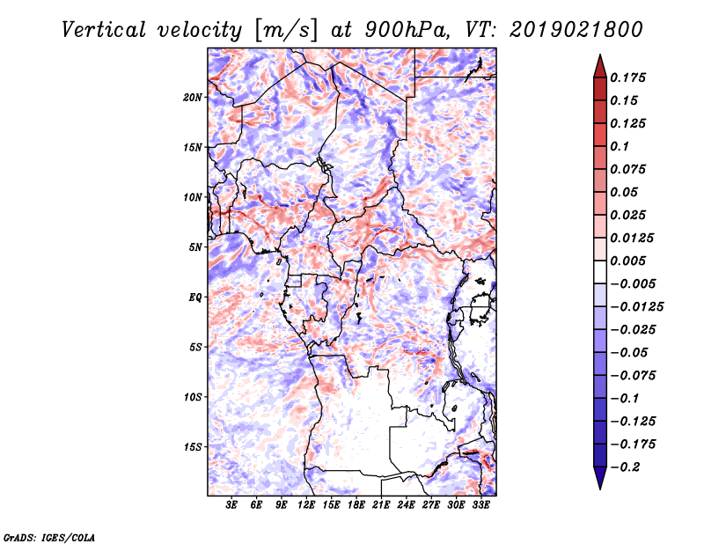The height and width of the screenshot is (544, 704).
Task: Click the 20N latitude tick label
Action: (x=193, y=97)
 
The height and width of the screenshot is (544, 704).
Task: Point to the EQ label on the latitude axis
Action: (x=195, y=298)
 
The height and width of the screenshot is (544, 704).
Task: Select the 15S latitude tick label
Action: (x=193, y=447)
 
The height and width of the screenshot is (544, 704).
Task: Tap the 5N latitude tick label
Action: (x=195, y=247)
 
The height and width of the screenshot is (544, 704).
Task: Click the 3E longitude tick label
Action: (x=232, y=505)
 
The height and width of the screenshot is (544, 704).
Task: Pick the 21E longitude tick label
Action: (x=382, y=505)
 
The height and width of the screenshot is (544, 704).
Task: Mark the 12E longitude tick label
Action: (x=307, y=505)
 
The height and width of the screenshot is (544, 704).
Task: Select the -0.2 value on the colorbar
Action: (x=628, y=467)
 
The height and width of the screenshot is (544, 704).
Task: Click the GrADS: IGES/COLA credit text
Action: (x=48, y=536)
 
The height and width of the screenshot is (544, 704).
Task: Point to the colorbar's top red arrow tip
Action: (x=598, y=57)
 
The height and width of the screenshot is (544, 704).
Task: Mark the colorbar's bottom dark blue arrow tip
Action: (x=598, y=487)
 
